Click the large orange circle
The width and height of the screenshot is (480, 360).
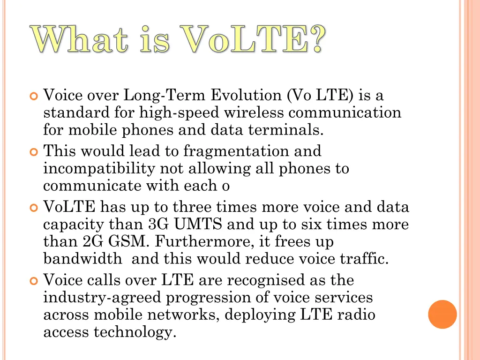[x=442, y=314]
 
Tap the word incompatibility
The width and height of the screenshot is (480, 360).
[x=99, y=169]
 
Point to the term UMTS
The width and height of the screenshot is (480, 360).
[x=199, y=225]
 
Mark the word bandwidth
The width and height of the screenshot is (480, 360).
[x=82, y=259]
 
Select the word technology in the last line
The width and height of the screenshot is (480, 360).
[x=135, y=332]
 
